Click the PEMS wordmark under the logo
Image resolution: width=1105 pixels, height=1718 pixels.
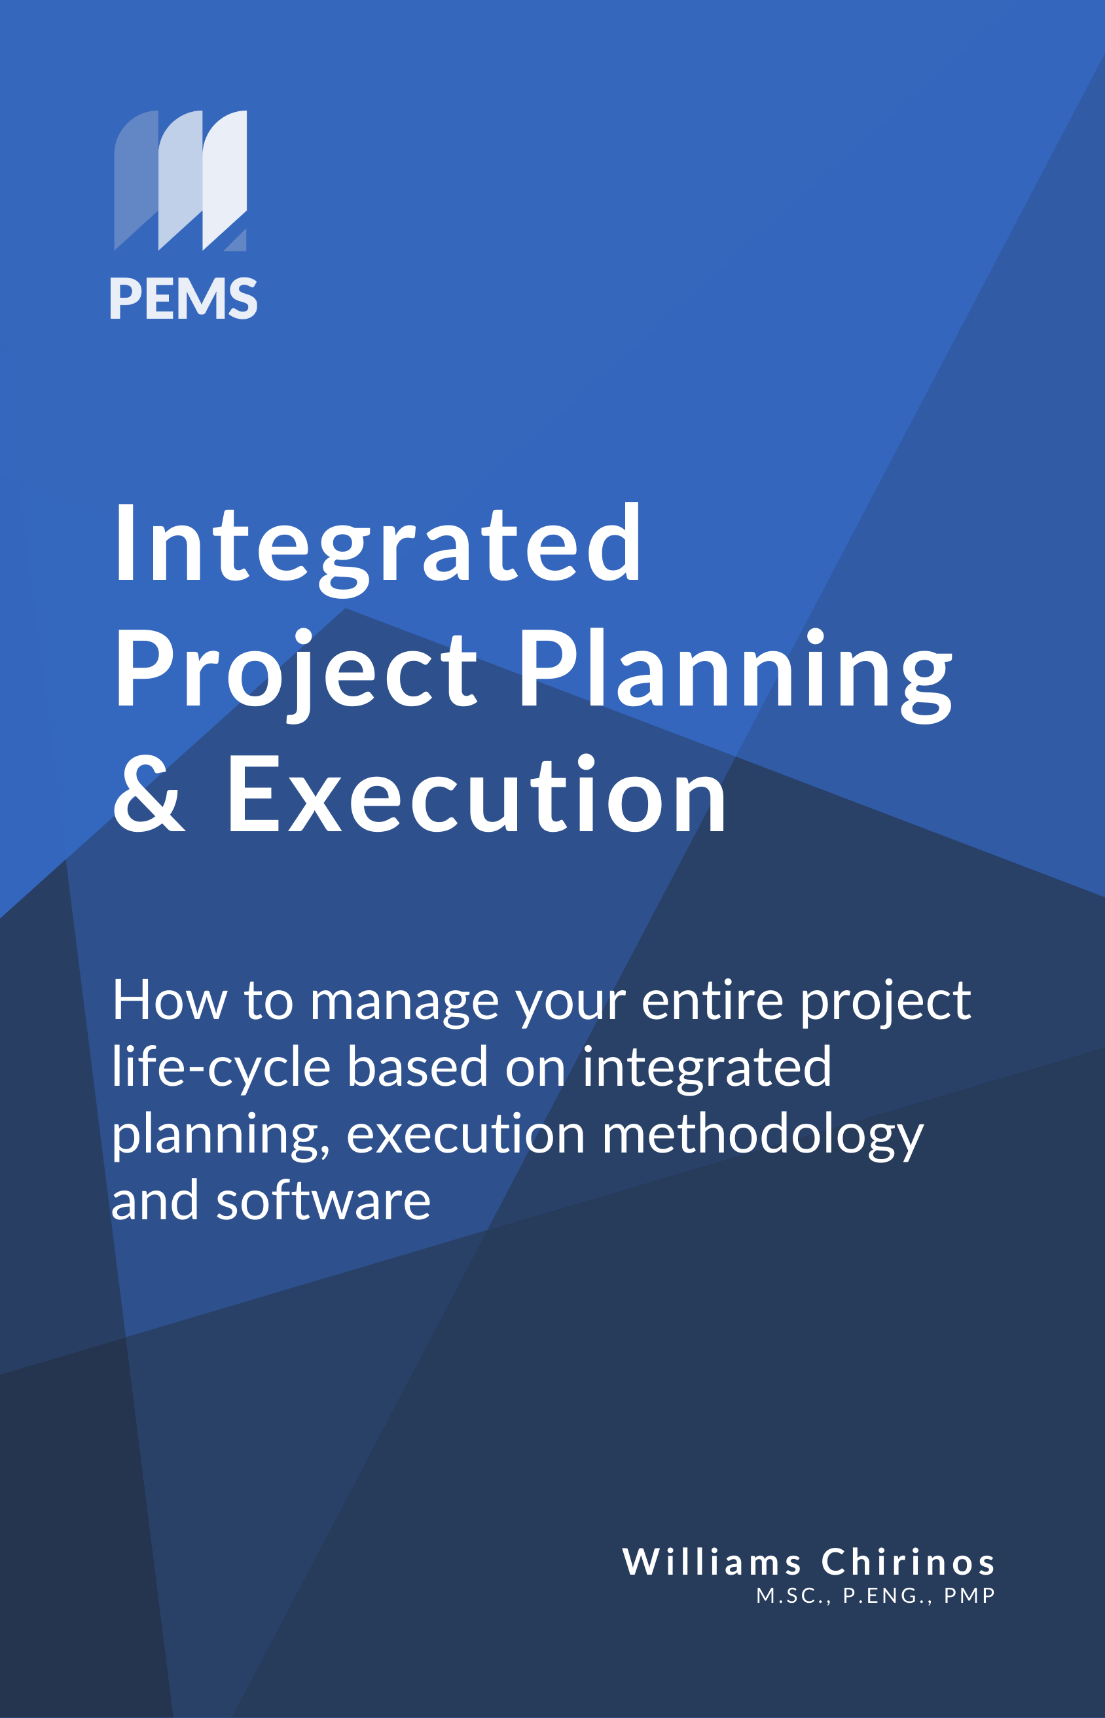coord(183,298)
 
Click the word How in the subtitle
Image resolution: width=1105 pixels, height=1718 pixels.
coord(170,1001)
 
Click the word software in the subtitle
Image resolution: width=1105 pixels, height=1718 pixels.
coord(323,1202)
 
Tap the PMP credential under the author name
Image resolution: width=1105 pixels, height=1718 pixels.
coord(969,1596)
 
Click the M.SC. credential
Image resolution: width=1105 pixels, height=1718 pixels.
coord(793,1596)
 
